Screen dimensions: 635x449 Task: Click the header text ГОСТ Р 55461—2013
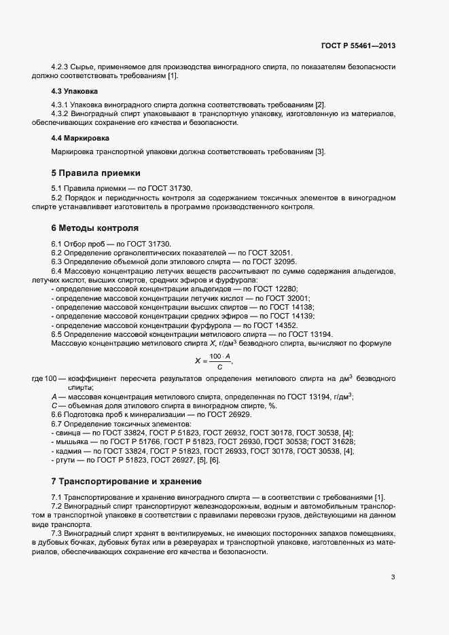358,46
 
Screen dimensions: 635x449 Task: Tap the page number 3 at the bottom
393,578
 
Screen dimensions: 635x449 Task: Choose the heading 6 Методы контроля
94,227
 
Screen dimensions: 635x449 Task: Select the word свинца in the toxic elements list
69,433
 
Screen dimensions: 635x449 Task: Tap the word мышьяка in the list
71,442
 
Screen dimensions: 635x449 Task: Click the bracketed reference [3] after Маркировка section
320,151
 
